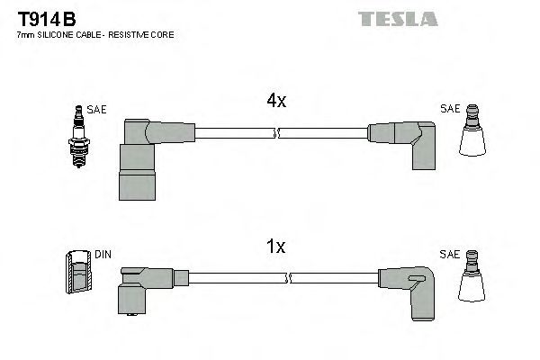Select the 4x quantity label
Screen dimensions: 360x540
coord(275,102)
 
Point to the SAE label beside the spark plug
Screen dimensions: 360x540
coord(96,109)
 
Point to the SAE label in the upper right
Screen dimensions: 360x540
coord(449,109)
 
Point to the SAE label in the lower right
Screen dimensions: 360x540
coord(449,255)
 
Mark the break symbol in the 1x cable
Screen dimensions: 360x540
coord(276,281)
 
